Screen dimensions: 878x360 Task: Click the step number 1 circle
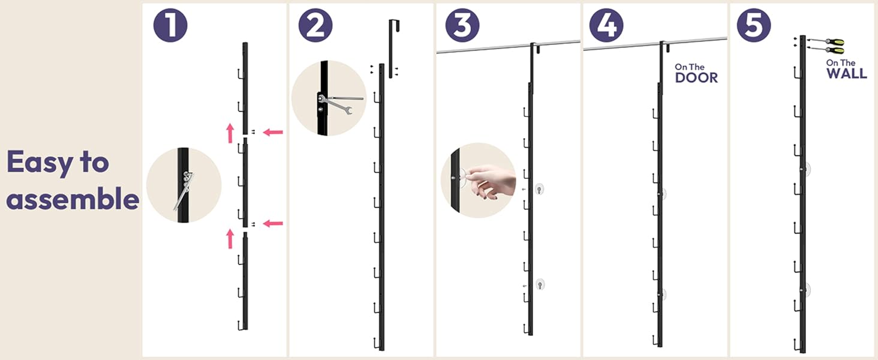pos(170,25)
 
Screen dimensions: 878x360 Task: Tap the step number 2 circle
pos(315,25)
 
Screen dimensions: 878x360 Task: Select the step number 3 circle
pos(462,25)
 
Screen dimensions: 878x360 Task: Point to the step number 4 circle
pos(606,25)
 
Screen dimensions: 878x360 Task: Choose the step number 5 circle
pos(754,25)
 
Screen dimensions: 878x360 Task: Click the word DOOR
pos(696,77)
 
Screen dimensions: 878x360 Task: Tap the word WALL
pos(847,73)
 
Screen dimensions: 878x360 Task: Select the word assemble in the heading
pos(73,199)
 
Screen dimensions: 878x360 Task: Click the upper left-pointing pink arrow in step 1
pos(273,132)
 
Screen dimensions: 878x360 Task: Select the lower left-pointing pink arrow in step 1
pos(273,224)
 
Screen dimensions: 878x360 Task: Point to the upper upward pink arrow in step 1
pos(230,133)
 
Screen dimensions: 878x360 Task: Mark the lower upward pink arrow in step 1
pos(230,239)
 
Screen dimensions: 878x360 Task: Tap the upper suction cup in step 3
pos(539,190)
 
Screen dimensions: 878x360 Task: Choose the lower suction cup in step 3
pos(540,284)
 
